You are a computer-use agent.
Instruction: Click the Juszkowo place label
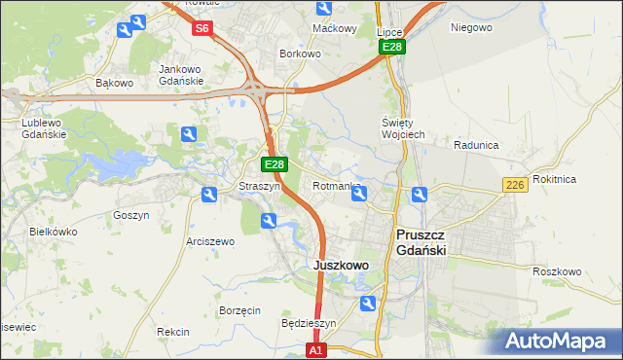tap(341, 265)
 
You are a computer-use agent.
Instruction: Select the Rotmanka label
tap(337, 185)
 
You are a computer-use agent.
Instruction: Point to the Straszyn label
tap(260, 185)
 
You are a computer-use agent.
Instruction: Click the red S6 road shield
tap(202, 28)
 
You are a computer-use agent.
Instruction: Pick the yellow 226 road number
tap(516, 185)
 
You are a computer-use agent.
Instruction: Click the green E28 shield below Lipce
tap(391, 47)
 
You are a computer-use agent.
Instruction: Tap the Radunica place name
tap(476, 145)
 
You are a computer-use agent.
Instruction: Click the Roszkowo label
tap(557, 271)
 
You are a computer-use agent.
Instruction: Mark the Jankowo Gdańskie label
tap(181, 75)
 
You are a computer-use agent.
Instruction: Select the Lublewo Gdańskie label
tap(44, 128)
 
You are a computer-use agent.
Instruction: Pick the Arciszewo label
tap(210, 241)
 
